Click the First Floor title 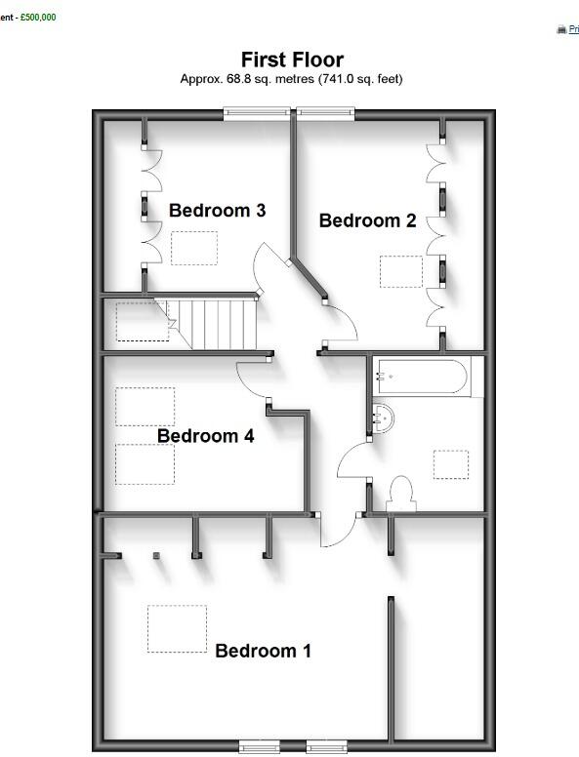(292, 60)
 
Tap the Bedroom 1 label (263, 651)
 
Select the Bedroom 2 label (367, 220)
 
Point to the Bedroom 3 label (217, 210)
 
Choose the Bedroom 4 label (205, 436)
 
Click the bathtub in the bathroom (422, 377)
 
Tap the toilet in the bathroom (401, 492)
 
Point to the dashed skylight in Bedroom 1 (177, 628)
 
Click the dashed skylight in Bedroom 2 (400, 271)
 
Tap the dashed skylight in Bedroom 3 (193, 248)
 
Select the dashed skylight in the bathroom (450, 464)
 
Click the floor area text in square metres (291, 79)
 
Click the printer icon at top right (561, 30)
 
